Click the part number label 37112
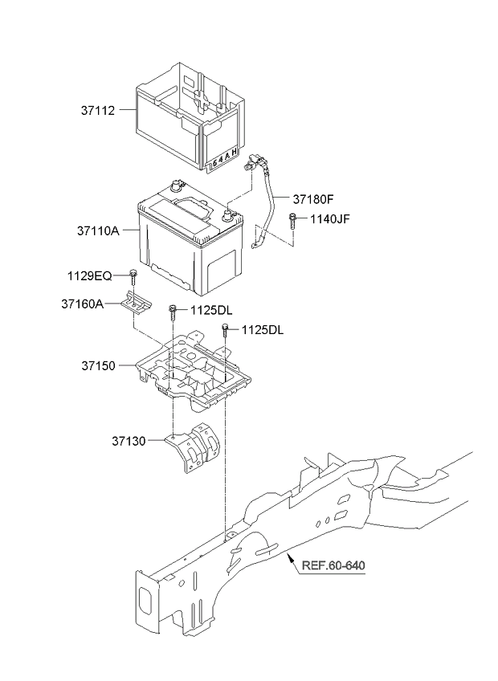click(x=98, y=111)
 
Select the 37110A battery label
click(x=98, y=230)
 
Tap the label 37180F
click(x=313, y=199)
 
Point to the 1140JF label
click(x=330, y=218)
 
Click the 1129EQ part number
click(x=89, y=275)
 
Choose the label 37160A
click(x=83, y=304)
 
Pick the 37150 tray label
click(x=99, y=365)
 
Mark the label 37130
click(x=129, y=441)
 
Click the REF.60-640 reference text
click(x=333, y=565)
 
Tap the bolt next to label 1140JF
click(x=292, y=222)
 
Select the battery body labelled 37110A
click(x=190, y=238)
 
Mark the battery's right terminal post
click(x=227, y=214)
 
